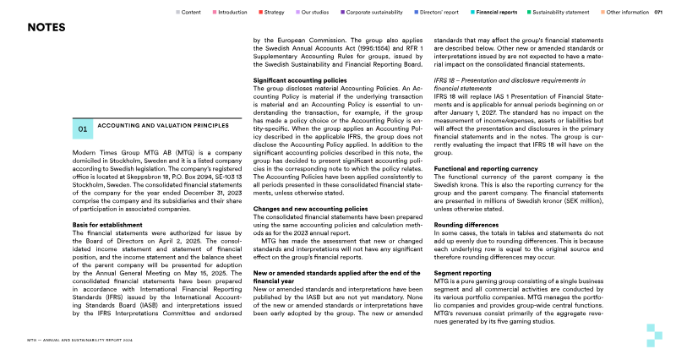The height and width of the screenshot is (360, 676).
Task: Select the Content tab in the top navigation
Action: (190, 13)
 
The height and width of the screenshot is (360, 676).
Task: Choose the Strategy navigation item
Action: (273, 13)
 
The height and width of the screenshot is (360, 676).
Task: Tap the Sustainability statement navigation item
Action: (560, 13)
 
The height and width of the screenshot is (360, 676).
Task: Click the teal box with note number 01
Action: (82, 129)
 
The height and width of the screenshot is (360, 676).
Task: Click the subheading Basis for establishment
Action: (101, 225)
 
